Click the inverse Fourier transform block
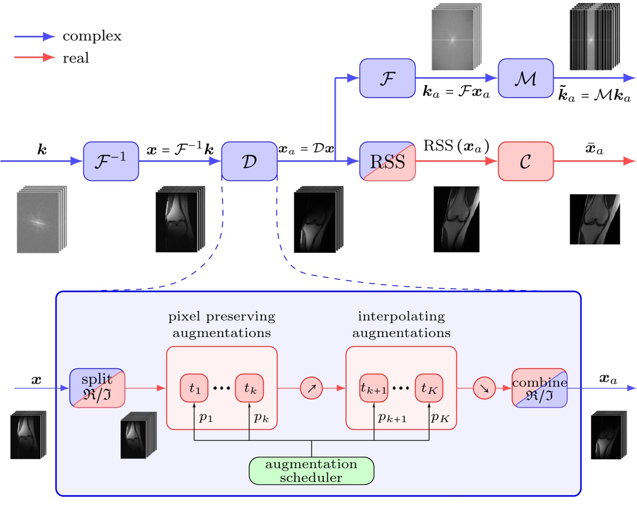pos(111,161)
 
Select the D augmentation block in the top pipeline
pos(249,161)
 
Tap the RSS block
pos(387,161)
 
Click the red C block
pos(525,161)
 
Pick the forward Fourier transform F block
pos(387,78)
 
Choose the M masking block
pos(525,78)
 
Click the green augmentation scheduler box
pos(311,471)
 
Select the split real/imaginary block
pos(97,388)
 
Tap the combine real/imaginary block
pos(539,388)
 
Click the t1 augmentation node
pos(194,388)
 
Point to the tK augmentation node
pos(429,388)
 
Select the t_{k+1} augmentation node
pos(374,388)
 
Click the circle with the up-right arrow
pos(311,388)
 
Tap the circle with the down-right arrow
pos(484,388)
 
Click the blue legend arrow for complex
pos(34,36)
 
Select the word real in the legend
pos(76,58)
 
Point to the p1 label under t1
pos(205,418)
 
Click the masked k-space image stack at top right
pos(594,37)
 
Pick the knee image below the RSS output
pos(456,219)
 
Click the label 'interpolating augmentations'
pos(401,324)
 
